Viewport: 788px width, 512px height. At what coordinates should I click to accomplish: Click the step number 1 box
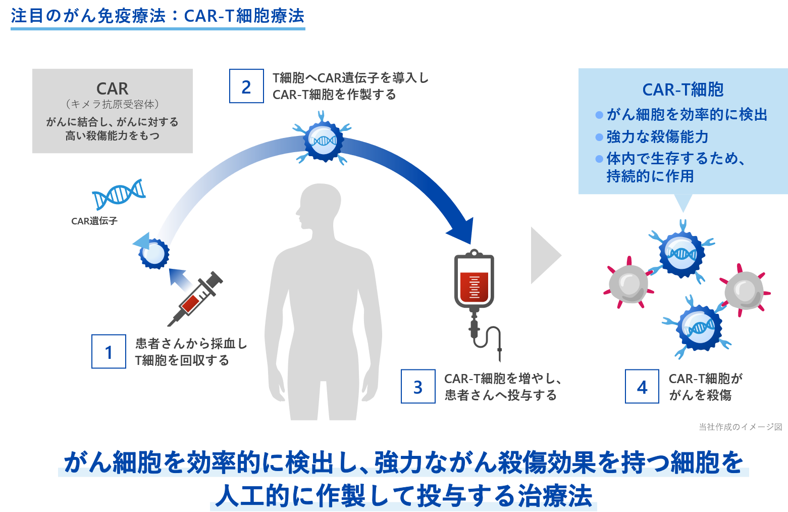pyautogui.click(x=109, y=351)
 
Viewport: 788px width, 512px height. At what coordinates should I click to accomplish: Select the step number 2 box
pyautogui.click(x=246, y=86)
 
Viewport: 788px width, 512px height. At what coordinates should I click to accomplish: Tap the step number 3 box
pyautogui.click(x=418, y=387)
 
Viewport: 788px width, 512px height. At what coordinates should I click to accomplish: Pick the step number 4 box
pyautogui.click(x=642, y=387)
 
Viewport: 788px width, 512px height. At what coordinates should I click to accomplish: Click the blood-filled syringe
pyautogui.click(x=196, y=298)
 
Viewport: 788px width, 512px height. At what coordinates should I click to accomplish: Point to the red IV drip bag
pyautogui.click(x=474, y=281)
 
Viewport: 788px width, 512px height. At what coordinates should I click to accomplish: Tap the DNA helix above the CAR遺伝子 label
pyautogui.click(x=119, y=194)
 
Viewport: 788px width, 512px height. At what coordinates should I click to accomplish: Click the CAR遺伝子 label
pyautogui.click(x=94, y=221)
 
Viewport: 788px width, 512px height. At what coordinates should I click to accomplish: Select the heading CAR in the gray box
pyautogui.click(x=112, y=89)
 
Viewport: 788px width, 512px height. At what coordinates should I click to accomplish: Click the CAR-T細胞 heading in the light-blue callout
pyautogui.click(x=682, y=90)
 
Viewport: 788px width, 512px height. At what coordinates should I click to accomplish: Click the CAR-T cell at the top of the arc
pyautogui.click(x=323, y=141)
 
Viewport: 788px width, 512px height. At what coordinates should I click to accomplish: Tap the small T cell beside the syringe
pyautogui.click(x=153, y=254)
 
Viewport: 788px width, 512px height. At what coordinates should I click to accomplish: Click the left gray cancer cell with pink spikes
pyautogui.click(x=628, y=284)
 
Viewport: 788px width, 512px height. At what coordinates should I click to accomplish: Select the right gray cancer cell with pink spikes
pyautogui.click(x=744, y=290)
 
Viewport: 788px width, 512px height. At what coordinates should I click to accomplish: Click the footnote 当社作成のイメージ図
pyautogui.click(x=740, y=427)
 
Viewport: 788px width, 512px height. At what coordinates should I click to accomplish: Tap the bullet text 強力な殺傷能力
pyautogui.click(x=657, y=137)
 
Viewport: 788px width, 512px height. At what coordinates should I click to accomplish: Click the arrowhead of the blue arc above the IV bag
pyautogui.click(x=461, y=231)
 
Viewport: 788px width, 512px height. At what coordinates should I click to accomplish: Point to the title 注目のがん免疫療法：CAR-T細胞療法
pyautogui.click(x=157, y=16)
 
